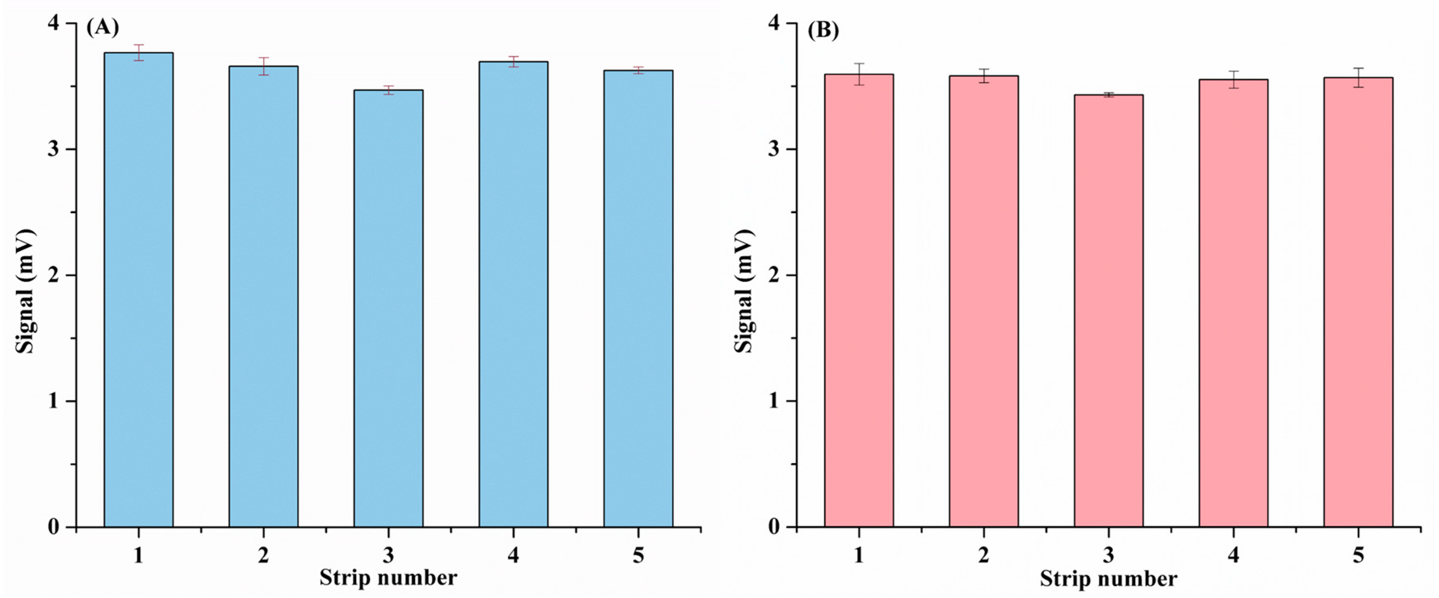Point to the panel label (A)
(102, 27)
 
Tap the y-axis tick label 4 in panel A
(55, 24)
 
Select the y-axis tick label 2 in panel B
(775, 275)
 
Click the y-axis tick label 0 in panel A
(54, 527)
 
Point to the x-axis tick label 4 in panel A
(513, 555)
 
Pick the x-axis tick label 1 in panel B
(859, 555)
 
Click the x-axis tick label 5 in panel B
(1359, 555)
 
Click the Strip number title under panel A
(388, 578)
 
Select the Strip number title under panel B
(1108, 579)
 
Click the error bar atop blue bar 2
(263, 66)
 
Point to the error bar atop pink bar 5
(1359, 78)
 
